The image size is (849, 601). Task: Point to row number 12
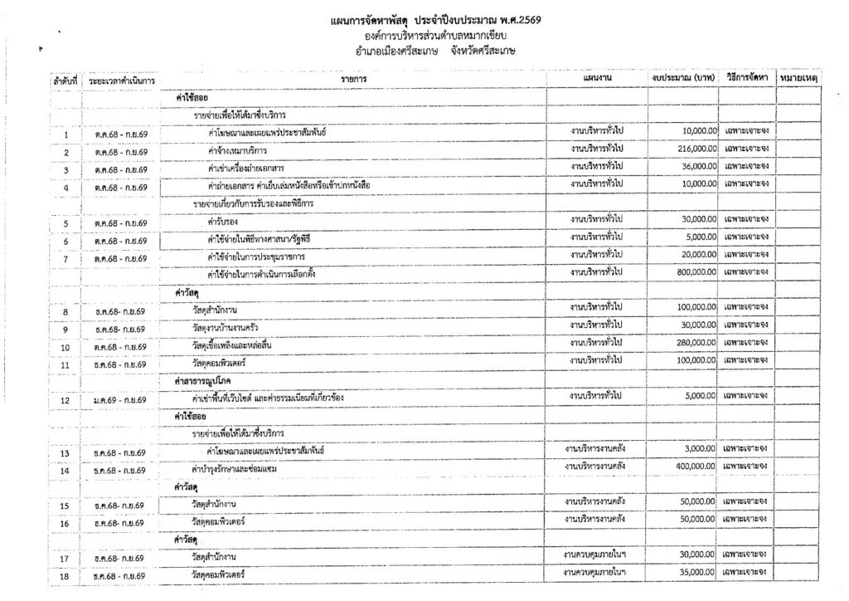65,400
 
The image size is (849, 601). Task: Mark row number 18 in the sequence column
65,574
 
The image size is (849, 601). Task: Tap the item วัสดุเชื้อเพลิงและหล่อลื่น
238,344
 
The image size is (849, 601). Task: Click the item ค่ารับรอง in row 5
223,220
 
